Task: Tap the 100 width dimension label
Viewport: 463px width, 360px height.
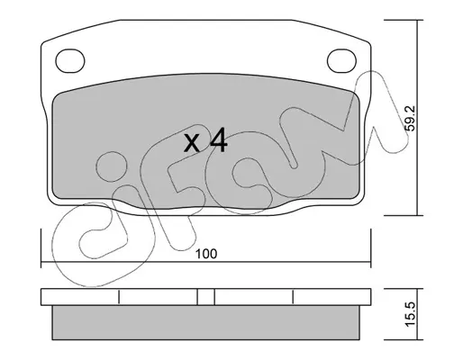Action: point(206,254)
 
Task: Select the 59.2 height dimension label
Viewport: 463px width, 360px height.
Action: point(410,118)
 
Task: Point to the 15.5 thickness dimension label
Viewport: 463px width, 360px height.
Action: point(410,314)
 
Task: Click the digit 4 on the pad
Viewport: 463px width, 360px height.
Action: point(218,139)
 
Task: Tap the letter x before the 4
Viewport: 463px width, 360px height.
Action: point(192,143)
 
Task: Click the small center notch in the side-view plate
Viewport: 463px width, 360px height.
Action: point(206,297)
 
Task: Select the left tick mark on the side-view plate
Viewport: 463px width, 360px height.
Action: point(119,297)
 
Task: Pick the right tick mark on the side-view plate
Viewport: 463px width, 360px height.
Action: point(293,297)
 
